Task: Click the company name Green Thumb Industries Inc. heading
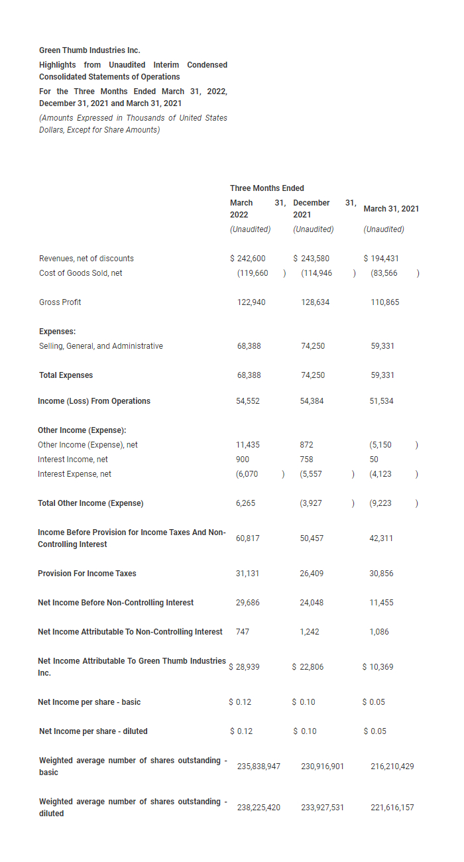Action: (x=89, y=50)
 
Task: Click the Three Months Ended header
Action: (x=267, y=188)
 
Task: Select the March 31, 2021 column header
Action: (x=391, y=209)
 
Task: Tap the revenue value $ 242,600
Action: (x=247, y=259)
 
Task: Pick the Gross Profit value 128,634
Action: (x=315, y=302)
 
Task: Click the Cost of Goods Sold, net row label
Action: (x=80, y=273)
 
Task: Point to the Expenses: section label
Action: (x=57, y=332)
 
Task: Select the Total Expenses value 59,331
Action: (x=382, y=375)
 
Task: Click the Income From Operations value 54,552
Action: (x=248, y=401)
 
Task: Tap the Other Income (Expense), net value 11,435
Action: (x=248, y=445)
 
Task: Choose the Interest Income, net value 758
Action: (x=306, y=460)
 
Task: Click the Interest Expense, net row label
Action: (x=74, y=474)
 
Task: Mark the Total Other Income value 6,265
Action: (x=246, y=503)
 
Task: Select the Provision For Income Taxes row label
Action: (x=87, y=574)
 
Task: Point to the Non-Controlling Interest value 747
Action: (x=243, y=632)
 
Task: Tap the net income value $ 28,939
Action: (x=244, y=667)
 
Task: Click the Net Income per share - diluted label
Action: (x=93, y=731)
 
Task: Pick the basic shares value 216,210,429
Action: (x=392, y=767)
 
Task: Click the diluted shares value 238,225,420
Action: (x=259, y=808)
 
